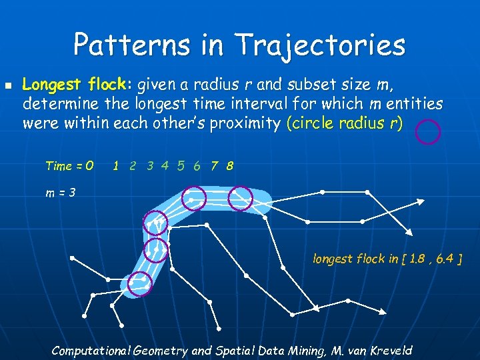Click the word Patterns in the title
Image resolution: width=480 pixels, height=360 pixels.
click(x=126, y=45)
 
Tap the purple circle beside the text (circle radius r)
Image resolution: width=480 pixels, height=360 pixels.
click(x=428, y=132)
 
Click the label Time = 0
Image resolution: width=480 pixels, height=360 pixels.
click(x=69, y=165)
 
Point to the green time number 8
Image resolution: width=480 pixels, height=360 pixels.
click(x=229, y=165)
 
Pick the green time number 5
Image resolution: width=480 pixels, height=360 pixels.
click(x=181, y=165)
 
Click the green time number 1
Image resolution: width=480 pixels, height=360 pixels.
click(x=117, y=165)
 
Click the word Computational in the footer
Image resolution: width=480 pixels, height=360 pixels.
click(x=91, y=350)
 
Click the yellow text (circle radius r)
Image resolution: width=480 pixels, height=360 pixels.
click(x=345, y=123)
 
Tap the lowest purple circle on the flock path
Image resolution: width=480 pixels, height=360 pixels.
click(x=140, y=284)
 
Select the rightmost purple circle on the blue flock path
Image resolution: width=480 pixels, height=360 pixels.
click(x=240, y=197)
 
